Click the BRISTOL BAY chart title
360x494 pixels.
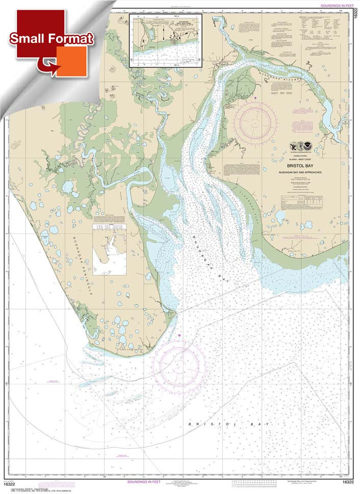[x=299, y=166]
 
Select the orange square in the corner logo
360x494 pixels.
[x=71, y=61]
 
